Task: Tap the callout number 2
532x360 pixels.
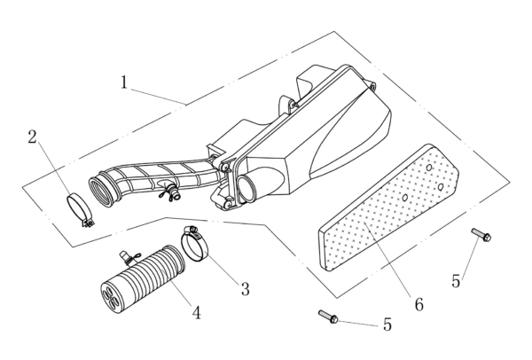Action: [33, 137]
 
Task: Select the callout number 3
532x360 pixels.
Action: [245, 289]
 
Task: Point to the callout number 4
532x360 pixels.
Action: [196, 311]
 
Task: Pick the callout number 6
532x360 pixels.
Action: [418, 304]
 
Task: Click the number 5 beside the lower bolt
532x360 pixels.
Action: [387, 325]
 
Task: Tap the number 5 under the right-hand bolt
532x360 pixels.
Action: [456, 281]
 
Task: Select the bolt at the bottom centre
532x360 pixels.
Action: [325, 316]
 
